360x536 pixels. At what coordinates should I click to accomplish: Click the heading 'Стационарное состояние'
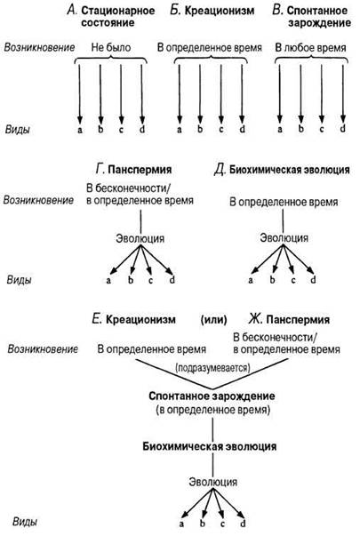[118, 16]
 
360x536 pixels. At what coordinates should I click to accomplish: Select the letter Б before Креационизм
[175, 10]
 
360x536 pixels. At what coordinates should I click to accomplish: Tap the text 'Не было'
[111, 47]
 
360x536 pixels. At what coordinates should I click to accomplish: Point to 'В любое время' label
[310, 47]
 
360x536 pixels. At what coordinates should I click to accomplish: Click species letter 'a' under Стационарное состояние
[80, 130]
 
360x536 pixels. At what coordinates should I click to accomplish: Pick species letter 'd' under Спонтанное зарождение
[343, 129]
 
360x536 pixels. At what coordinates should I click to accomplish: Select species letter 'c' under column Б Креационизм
[221, 130]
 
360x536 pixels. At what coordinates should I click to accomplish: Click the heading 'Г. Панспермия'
[133, 169]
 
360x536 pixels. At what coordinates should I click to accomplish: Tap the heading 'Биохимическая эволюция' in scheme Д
[290, 170]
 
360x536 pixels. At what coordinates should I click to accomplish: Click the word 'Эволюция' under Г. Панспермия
[140, 238]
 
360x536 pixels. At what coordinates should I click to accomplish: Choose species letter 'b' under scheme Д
[273, 280]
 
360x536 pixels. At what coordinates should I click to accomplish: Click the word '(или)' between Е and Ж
[213, 320]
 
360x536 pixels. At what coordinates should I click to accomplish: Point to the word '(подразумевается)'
[212, 368]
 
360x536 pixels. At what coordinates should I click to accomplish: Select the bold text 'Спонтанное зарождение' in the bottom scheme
[212, 396]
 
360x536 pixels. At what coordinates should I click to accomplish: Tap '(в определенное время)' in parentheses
[212, 410]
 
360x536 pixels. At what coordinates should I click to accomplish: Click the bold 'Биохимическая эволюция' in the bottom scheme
[210, 446]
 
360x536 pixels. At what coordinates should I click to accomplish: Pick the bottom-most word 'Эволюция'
[213, 482]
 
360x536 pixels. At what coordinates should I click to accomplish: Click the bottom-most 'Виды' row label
[25, 522]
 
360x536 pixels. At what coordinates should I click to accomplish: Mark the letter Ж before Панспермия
[255, 319]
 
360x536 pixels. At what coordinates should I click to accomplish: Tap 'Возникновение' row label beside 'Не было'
[39, 47]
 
